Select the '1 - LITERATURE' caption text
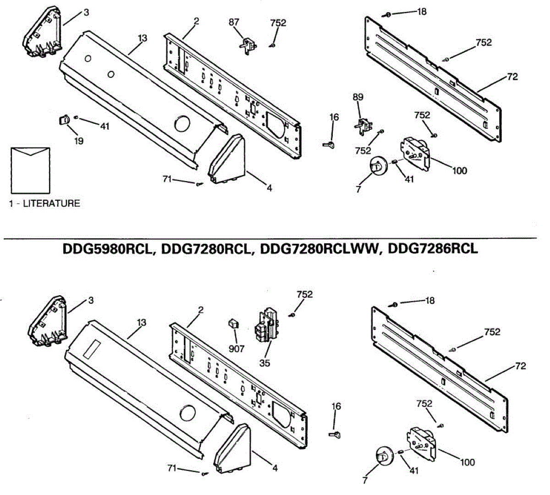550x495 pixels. point(44,203)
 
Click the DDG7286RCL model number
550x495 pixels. point(433,249)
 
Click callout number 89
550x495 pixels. point(358,97)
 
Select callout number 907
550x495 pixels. point(236,349)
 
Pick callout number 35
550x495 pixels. point(264,363)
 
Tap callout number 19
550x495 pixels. point(79,141)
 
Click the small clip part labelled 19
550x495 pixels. point(63,120)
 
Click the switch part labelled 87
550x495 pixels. point(247,46)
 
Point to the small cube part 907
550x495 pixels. point(234,324)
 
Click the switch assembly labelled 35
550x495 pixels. point(266,326)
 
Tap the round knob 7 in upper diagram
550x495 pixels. point(377,166)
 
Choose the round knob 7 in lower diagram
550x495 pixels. point(383,456)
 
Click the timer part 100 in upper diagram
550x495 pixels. point(415,151)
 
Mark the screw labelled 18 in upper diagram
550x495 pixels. point(387,15)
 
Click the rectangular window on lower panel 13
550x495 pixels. point(93,349)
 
